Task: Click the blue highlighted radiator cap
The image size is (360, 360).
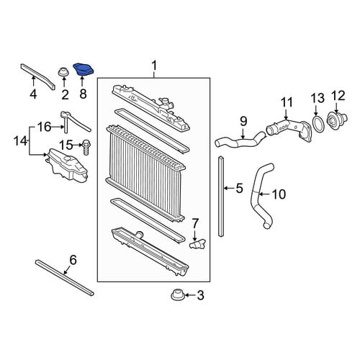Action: (84, 70)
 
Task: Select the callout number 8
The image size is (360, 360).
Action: (83, 94)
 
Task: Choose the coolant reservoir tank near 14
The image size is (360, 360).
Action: (67, 166)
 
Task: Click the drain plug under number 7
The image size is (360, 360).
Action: (198, 244)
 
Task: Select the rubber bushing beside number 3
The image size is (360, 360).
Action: (177, 294)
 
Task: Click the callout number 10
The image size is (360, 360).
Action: (279, 194)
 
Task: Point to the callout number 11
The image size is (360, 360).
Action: (287, 102)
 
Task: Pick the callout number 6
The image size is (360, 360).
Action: (73, 260)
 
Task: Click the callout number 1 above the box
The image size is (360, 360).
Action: (154, 66)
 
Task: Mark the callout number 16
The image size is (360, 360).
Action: (45, 127)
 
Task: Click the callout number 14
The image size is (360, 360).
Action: (20, 141)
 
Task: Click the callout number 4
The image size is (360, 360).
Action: (33, 94)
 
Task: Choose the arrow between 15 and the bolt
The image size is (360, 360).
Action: (77, 145)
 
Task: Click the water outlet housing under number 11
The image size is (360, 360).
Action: (289, 128)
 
